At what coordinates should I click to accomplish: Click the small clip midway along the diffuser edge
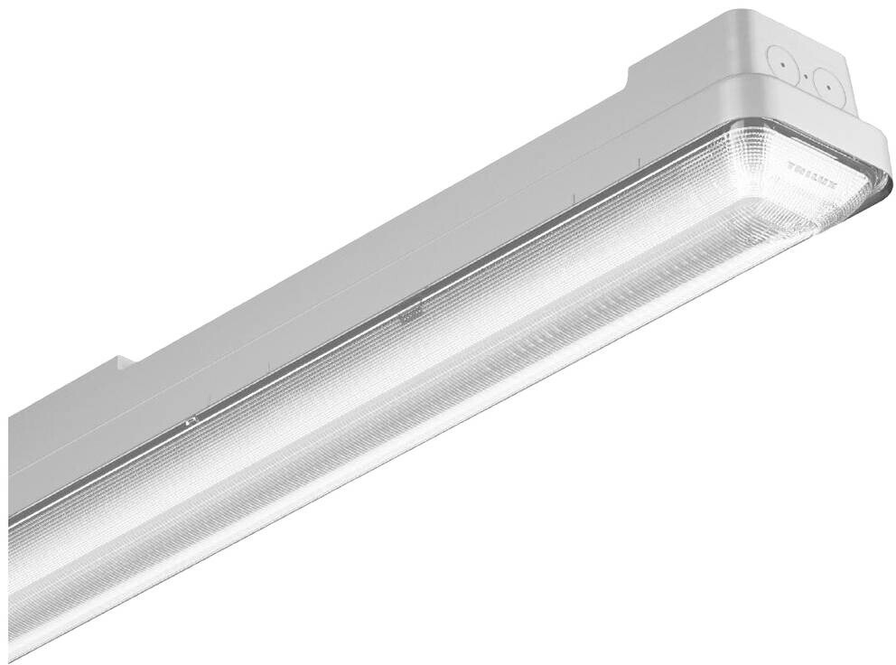coord(408,314)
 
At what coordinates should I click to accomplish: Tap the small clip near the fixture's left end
coord(191,421)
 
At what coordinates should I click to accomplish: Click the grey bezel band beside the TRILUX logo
coord(867,145)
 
